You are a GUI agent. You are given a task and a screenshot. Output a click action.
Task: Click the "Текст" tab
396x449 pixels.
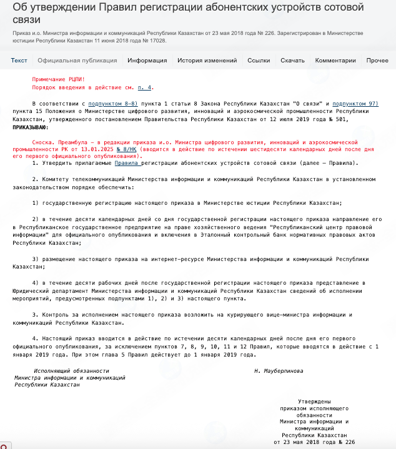[19, 61]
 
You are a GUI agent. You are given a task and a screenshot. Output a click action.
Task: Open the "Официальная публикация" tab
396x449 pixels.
[77, 61]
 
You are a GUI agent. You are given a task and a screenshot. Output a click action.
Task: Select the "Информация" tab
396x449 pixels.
[147, 61]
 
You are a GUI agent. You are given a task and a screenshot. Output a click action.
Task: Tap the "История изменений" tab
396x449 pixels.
[207, 61]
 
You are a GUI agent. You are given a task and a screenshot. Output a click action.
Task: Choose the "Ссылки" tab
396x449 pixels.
[259, 61]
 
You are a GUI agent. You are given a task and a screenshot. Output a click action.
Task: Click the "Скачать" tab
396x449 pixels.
[292, 61]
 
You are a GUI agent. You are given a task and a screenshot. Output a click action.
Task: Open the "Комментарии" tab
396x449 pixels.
[335, 61]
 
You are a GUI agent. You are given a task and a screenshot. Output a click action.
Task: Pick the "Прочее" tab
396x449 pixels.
[377, 61]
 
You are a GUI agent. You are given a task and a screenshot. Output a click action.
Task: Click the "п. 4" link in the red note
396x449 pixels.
[144, 87]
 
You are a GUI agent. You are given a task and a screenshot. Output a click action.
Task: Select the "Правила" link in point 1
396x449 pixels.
[127, 162]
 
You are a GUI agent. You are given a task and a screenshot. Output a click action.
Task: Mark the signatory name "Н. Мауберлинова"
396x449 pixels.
[279, 370]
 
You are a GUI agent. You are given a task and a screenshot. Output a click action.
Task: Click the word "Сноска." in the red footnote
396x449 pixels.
[44, 142]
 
